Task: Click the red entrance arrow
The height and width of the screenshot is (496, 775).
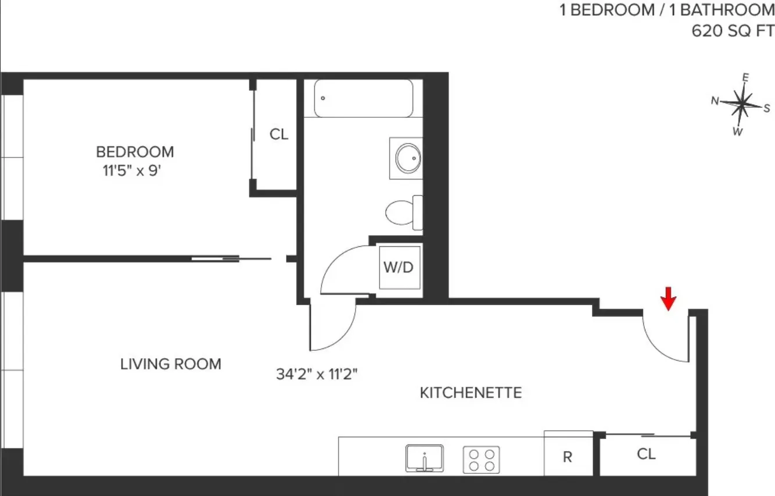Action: (x=669, y=299)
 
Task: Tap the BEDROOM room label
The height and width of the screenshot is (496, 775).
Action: (x=135, y=152)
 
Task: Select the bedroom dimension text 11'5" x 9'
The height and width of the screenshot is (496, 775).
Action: (x=128, y=172)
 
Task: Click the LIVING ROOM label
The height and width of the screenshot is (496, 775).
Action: (x=171, y=364)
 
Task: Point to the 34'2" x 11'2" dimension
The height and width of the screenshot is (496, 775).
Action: (x=316, y=374)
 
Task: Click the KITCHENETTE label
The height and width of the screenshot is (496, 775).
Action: (x=471, y=393)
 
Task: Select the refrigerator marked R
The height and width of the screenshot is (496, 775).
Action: (x=568, y=457)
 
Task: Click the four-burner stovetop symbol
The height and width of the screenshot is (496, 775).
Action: (x=481, y=459)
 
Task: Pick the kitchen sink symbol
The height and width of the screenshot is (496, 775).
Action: (x=424, y=458)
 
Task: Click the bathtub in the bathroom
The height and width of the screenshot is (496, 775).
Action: (x=364, y=98)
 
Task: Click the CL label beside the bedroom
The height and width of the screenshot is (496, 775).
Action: (x=278, y=134)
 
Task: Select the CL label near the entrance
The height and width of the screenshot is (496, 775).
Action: (x=646, y=454)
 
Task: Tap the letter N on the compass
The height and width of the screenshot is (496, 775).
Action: (x=715, y=101)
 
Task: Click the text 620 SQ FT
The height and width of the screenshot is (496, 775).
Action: (x=733, y=30)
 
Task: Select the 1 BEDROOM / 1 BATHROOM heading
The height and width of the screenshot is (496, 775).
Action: (x=667, y=10)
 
